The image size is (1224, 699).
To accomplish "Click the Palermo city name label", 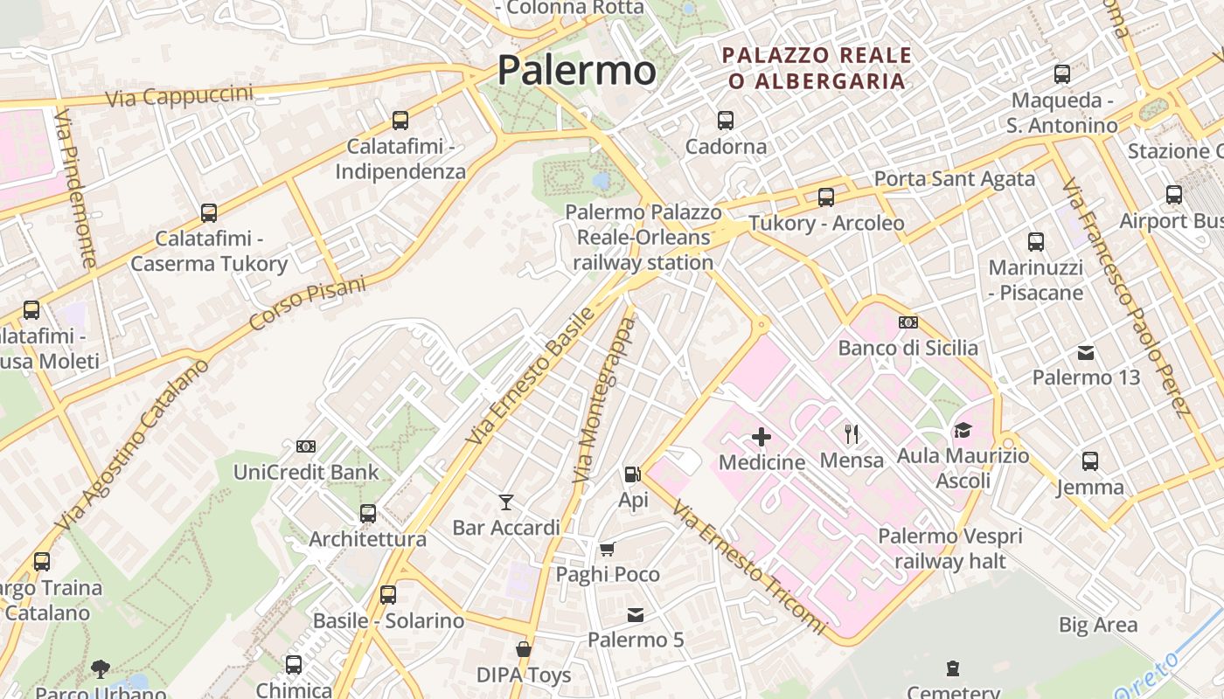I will click(x=576, y=70).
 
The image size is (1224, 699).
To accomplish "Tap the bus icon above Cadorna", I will click(x=726, y=121).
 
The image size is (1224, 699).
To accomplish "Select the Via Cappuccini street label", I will click(x=179, y=96).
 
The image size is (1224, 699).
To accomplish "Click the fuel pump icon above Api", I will click(x=632, y=474).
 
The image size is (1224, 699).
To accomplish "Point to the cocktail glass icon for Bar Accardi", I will click(x=505, y=502).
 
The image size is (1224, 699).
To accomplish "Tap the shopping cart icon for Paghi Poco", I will click(x=607, y=549).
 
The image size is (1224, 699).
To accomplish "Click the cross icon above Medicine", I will click(x=762, y=436).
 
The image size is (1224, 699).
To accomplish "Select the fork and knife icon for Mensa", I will click(x=852, y=433).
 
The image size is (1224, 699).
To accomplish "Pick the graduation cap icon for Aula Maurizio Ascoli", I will click(x=963, y=430).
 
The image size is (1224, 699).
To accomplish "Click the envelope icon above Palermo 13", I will click(x=1086, y=353).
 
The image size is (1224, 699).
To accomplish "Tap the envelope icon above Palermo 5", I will click(x=636, y=615).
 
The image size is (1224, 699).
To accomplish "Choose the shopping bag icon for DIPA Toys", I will click(x=524, y=649).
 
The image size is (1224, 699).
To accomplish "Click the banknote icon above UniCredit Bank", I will click(x=306, y=446).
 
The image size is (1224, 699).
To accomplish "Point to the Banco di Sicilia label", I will click(x=908, y=348).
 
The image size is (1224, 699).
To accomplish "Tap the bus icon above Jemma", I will click(x=1089, y=460).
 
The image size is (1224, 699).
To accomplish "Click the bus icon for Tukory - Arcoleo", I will click(x=826, y=197).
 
